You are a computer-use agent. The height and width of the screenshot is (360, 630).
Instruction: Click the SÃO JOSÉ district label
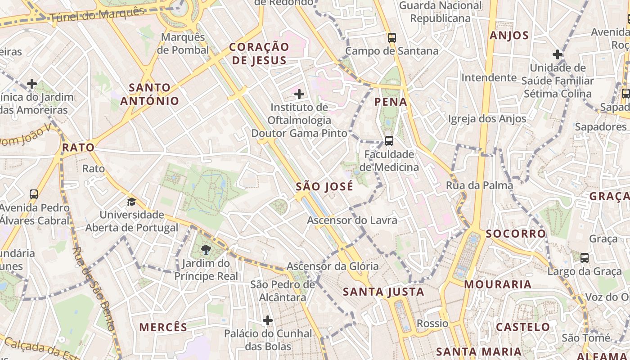point(324,187)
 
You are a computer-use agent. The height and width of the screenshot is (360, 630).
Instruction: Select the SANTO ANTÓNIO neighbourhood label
point(149,94)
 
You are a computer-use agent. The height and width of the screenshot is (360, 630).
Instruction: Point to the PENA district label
point(391,102)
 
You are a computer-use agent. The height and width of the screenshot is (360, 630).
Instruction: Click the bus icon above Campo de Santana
point(392,37)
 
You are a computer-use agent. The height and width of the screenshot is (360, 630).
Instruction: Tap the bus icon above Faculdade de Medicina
point(389,141)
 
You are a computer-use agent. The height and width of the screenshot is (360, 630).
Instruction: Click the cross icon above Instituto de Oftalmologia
point(299,94)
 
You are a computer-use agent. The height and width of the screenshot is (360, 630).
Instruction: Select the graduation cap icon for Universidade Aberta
point(131,202)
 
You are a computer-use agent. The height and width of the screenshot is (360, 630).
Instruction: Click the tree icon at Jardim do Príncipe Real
point(206,250)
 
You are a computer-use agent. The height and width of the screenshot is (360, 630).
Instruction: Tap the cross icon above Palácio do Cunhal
point(268,320)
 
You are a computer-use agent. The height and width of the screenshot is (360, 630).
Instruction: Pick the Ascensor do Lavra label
point(352,220)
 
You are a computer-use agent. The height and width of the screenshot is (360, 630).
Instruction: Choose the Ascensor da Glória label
point(333,266)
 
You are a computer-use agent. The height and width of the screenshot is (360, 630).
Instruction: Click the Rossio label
point(432,324)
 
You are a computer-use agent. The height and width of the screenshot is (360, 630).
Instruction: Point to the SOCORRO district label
point(516,234)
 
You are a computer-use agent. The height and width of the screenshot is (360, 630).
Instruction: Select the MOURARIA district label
point(498,284)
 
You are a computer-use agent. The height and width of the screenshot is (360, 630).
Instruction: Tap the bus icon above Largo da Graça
point(584,258)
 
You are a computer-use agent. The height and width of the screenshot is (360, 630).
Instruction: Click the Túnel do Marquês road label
point(97,15)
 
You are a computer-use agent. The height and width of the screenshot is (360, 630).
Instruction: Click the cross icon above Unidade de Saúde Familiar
point(558,55)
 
